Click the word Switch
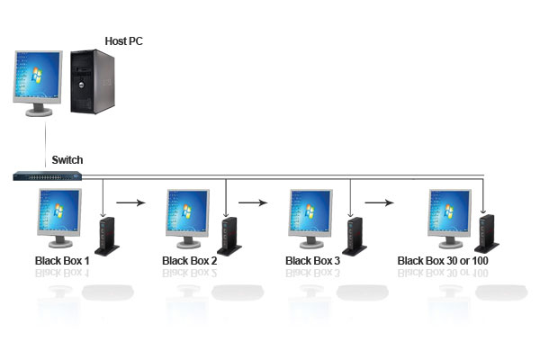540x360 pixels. tap(67, 160)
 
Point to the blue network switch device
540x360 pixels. tap(48, 175)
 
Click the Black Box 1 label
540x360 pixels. tap(62, 261)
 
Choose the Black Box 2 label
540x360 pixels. tap(189, 261)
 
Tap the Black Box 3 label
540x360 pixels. tap(312, 261)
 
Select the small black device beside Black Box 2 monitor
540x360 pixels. tap(230, 236)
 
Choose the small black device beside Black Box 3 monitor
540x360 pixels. tap(355, 236)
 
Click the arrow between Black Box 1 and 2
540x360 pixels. tap(132, 202)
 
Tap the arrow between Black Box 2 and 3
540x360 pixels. tap(258, 202)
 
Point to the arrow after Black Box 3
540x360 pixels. tap(383, 202)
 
